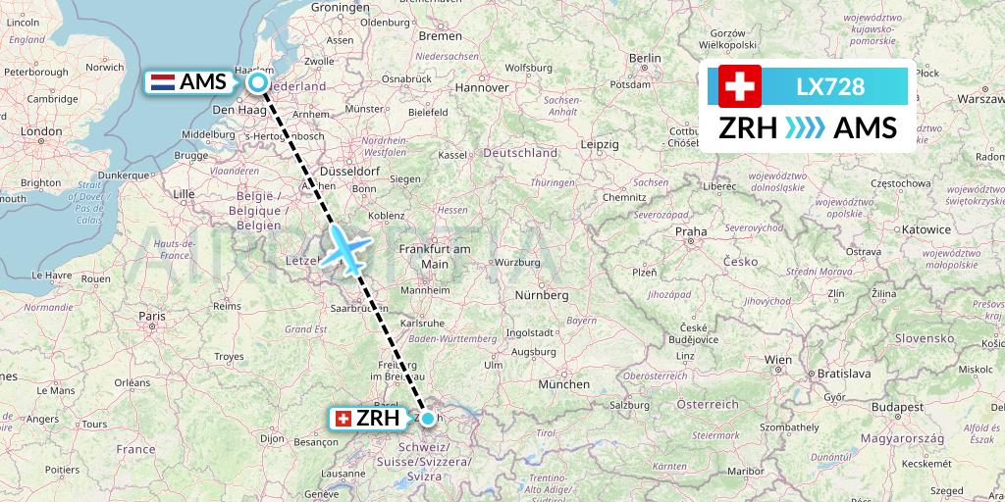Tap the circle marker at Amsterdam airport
258,83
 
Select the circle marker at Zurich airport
428,419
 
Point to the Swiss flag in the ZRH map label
344,419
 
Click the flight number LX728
831,87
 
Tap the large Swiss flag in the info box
740,87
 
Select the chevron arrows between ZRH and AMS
806,128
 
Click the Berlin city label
646,59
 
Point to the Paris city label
152,316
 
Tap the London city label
42,131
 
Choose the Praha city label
691,232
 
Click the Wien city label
778,360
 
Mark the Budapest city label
899,406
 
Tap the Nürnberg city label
543,294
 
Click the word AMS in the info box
864,128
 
